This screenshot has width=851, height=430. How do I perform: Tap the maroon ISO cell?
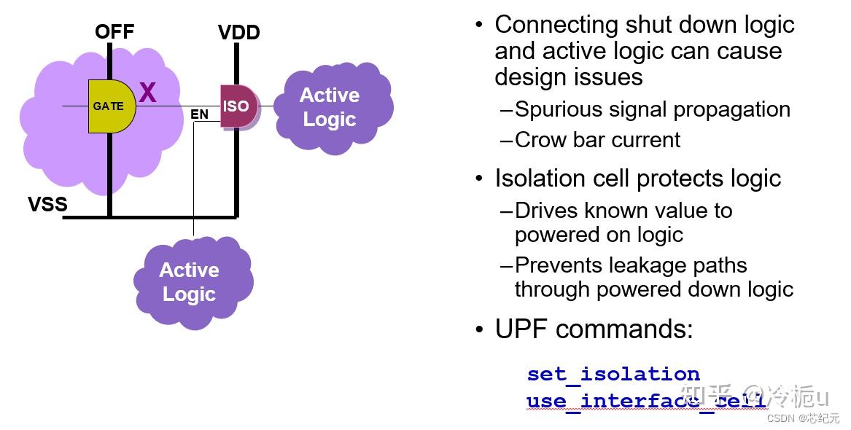[239, 106]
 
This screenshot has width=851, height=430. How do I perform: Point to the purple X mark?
[147, 93]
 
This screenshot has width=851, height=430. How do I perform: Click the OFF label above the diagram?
[114, 31]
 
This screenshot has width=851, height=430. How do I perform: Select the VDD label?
[238, 33]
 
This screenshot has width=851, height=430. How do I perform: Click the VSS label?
[47, 204]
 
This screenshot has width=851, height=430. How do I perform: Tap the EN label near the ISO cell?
[199, 114]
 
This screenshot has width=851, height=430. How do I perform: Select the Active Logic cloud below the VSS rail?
[193, 283]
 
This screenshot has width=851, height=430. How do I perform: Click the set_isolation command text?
[613, 374]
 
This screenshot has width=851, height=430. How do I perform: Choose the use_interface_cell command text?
[646, 402]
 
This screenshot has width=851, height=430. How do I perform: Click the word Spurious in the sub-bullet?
[558, 110]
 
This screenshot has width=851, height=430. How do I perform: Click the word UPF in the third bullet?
[521, 329]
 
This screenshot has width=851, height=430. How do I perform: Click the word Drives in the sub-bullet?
[545, 211]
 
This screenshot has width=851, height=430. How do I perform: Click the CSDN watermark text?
[780, 418]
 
